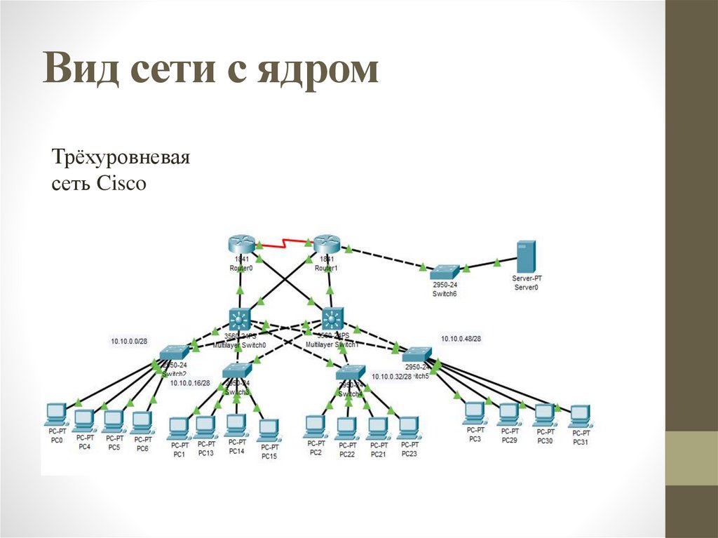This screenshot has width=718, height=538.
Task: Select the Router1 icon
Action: tap(326, 243)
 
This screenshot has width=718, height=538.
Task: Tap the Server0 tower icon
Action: tap(525, 257)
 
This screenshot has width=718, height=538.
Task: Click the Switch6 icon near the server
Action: tap(445, 271)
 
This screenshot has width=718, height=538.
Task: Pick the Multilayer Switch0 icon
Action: tap(241, 320)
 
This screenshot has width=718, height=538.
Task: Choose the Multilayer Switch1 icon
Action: tap(331, 320)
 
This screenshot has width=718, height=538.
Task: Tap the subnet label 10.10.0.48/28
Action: tap(461, 339)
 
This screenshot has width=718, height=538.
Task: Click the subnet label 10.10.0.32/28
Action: tap(391, 377)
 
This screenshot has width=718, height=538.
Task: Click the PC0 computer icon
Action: tap(55, 415)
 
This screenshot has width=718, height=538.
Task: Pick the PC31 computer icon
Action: tap(579, 416)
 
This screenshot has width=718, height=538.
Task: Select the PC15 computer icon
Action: tap(269, 429)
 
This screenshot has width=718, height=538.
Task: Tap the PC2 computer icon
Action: tap(316, 425)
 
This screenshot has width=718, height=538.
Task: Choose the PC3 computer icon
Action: tap(475, 412)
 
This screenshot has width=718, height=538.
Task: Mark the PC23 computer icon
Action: tap(409, 426)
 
